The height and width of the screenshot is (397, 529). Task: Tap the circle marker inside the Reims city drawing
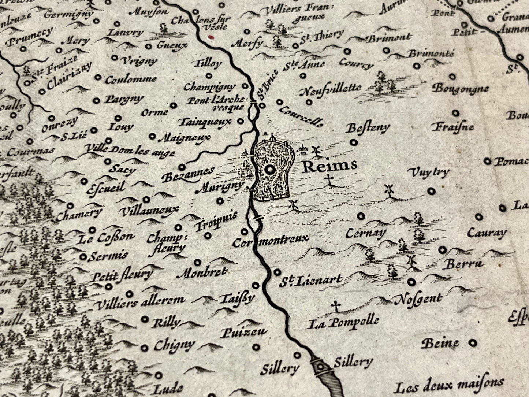coord(270,170)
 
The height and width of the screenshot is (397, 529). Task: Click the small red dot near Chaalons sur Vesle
coord(210,36)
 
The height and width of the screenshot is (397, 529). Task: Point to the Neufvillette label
coord(330,89)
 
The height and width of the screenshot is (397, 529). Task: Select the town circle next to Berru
coord(443,250)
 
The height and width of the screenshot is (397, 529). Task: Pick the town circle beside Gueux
coord(148,46)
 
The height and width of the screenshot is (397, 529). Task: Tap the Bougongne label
coord(460,89)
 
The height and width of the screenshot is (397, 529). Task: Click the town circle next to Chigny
coord(145,348)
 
